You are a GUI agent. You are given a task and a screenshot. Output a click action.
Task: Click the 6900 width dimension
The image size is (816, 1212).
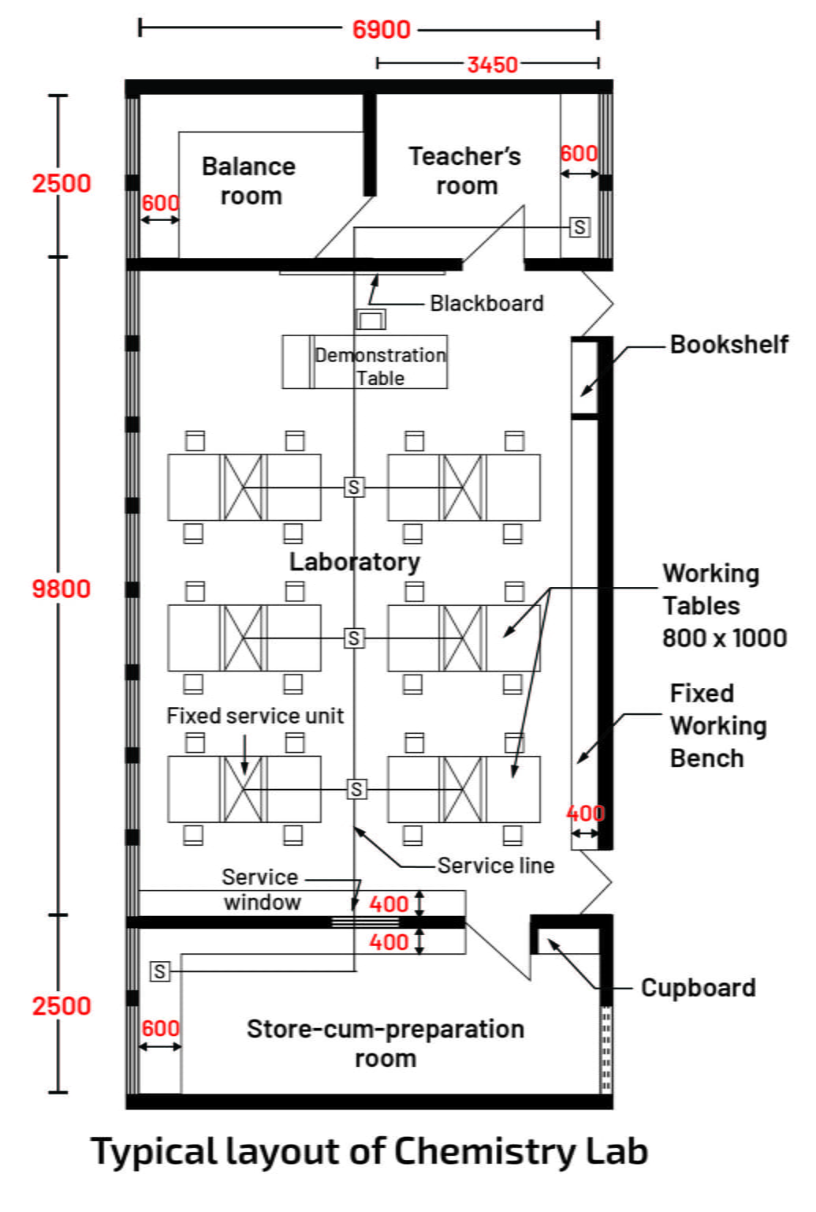[381, 30]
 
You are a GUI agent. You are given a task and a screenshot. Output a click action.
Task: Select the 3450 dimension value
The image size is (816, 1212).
[492, 65]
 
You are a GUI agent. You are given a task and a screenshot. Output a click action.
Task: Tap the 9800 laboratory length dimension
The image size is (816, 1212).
[61, 589]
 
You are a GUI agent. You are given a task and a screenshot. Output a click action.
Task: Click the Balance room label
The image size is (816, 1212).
[249, 181]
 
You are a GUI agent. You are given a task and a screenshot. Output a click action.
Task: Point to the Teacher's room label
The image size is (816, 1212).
[465, 170]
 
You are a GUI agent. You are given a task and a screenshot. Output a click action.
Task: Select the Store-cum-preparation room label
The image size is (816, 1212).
[386, 1043]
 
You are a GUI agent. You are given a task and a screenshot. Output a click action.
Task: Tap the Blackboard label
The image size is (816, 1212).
[486, 304]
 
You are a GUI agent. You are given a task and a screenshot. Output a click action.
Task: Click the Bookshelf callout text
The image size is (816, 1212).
[728, 345]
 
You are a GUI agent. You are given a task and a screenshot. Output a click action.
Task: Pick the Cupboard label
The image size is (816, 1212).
[698, 988]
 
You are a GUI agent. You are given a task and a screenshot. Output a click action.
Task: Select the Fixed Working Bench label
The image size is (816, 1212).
[717, 726]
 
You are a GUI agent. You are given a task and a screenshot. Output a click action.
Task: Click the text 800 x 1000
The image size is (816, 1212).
[724, 638]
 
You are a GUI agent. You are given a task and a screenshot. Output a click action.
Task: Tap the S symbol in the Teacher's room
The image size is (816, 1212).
[579, 227]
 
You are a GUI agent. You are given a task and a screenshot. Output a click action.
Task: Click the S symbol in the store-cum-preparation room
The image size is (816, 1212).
[160, 971]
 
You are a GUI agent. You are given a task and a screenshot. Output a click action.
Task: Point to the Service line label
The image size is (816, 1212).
[496, 866]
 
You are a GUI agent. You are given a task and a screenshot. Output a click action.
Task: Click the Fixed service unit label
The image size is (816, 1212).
[255, 716]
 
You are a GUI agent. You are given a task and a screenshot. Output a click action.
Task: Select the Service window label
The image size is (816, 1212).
[261, 889]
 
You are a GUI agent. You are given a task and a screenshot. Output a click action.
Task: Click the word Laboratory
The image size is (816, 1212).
[354, 562]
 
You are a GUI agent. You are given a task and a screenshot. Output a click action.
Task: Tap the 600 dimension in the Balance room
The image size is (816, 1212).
[160, 204]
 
